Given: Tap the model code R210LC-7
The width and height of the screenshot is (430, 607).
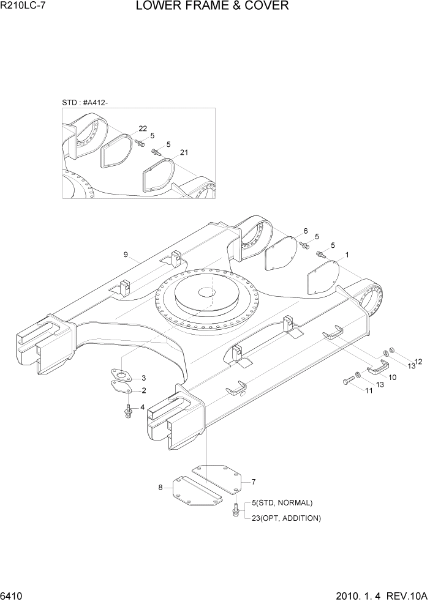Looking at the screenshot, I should (x=24, y=7).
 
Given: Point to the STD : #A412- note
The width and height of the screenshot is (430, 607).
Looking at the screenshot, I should (x=85, y=103).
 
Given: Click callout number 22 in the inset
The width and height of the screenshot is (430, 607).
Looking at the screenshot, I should (x=143, y=128).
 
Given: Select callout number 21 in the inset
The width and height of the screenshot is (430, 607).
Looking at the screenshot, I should (x=183, y=152).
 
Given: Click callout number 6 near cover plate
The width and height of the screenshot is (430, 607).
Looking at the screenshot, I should (x=305, y=231).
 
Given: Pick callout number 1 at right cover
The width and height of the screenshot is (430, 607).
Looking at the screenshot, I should (x=347, y=255).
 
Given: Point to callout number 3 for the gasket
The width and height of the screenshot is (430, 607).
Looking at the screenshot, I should (x=143, y=378).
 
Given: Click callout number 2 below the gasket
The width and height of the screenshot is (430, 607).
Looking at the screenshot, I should (x=143, y=390).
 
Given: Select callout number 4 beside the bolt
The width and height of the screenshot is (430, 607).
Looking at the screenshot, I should (x=143, y=407).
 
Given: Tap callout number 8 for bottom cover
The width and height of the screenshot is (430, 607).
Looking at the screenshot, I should (x=160, y=488).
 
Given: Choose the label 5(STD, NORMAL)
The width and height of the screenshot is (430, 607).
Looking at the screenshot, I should (x=282, y=503).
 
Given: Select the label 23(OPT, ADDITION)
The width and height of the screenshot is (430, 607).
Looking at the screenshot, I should (x=286, y=518).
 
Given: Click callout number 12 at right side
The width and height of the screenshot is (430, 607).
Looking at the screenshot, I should (x=419, y=362).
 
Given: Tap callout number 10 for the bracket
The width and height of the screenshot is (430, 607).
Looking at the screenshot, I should (x=392, y=378).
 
